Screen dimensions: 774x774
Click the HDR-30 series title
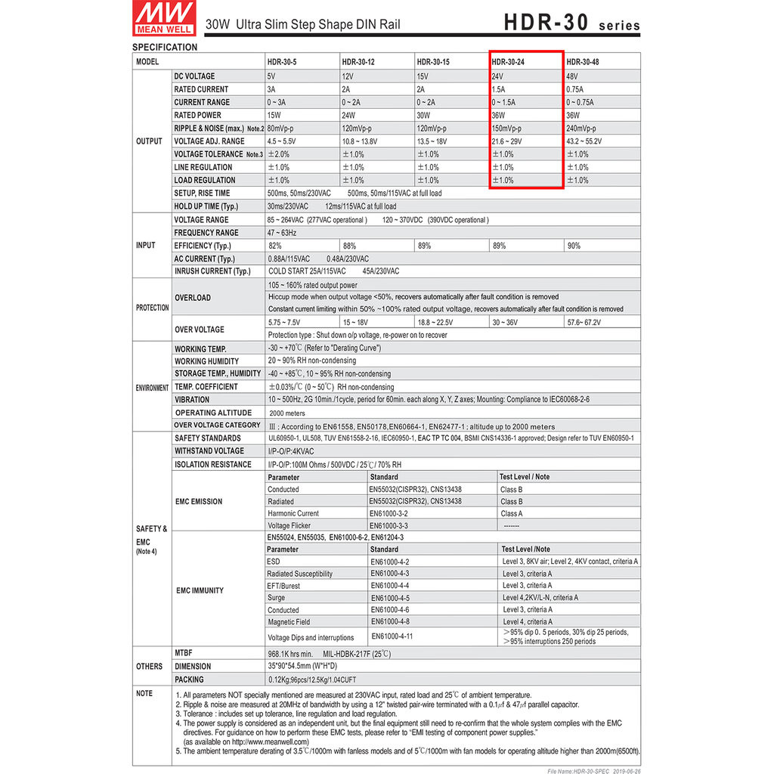click(571, 23)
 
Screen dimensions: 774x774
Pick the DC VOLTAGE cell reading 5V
click(271, 76)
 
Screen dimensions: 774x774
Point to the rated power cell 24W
click(348, 116)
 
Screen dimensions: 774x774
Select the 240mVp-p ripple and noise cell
click(580, 128)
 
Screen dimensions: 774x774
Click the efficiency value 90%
click(574, 246)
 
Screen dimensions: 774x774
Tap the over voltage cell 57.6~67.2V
click(587, 322)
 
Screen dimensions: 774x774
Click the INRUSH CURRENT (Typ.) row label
click(212, 271)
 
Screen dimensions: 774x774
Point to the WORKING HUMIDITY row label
click(206, 361)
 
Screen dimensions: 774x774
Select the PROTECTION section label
click(153, 308)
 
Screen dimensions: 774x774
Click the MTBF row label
click(184, 652)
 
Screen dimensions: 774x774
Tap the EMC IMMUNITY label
click(198, 590)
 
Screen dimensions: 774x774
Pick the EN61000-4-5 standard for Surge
click(390, 598)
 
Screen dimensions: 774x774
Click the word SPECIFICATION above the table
click(165, 47)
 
